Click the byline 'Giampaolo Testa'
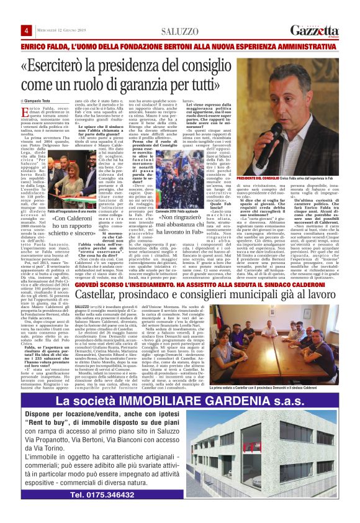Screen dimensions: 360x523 pyautogui.click(x=41, y=101)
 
